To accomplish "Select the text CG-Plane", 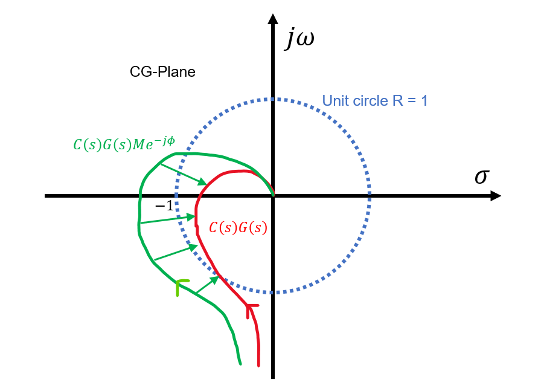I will [x=162, y=72].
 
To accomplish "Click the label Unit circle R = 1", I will [x=375, y=100].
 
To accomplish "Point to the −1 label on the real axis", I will [x=164, y=206].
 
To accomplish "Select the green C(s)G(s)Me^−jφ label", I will [x=123, y=143].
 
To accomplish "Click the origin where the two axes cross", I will [x=273, y=196].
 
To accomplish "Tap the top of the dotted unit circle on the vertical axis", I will [x=273, y=99].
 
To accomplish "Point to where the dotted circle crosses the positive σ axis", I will [x=370, y=196].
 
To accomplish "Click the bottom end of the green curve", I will [x=240, y=364].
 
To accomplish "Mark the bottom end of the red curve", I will [x=258, y=365].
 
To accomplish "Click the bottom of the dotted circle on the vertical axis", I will [x=273, y=293].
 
